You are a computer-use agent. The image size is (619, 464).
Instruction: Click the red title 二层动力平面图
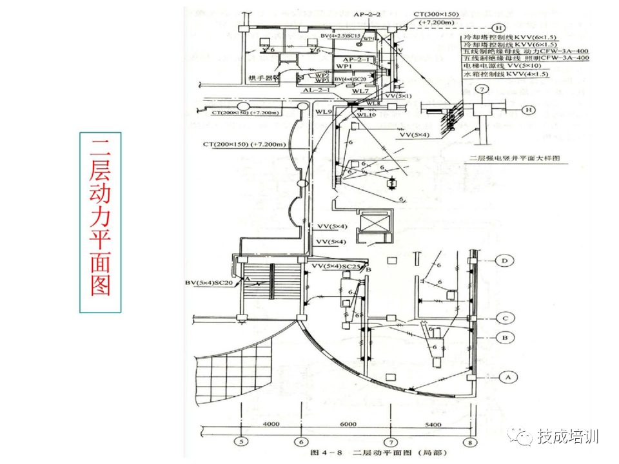click(x=100, y=222)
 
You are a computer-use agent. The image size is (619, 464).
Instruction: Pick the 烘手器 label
click(x=260, y=78)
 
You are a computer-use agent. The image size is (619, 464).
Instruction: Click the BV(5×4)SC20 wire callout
click(x=208, y=282)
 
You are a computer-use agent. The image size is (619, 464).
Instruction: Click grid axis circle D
click(x=506, y=261)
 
